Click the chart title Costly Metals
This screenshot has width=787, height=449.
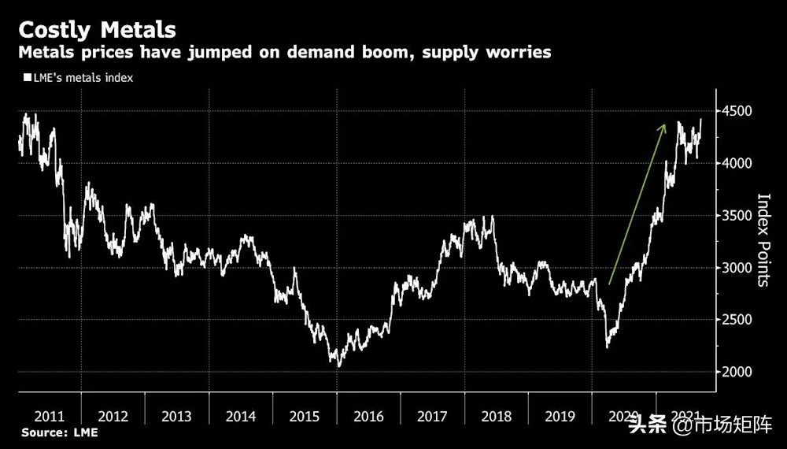point(98,30)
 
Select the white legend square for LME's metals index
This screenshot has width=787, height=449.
point(26,78)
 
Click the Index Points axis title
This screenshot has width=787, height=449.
point(763,240)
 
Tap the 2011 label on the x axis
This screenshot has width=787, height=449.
point(49,417)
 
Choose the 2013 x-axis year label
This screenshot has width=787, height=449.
point(176,417)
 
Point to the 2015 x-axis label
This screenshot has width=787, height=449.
point(304,417)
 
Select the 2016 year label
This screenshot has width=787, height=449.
point(368,417)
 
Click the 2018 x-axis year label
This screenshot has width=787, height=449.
point(496,417)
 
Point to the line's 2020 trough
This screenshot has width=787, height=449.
point(607,347)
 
